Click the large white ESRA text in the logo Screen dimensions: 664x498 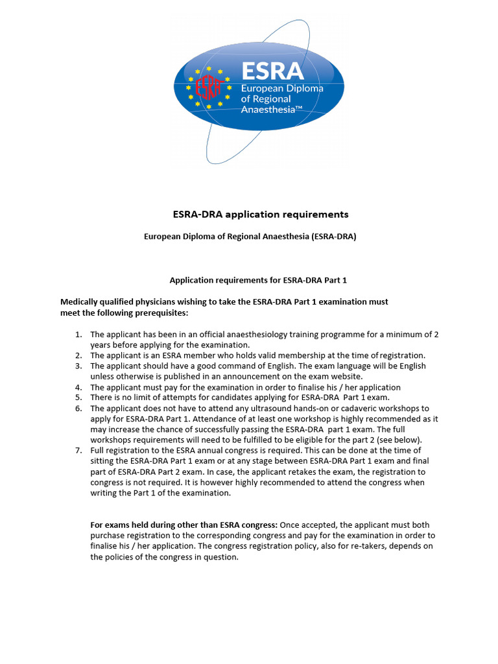click(272, 71)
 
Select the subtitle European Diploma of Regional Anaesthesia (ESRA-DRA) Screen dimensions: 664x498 click(250, 237)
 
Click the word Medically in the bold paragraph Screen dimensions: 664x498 click(82, 302)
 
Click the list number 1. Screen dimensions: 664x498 click(78, 335)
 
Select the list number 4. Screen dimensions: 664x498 click(78, 387)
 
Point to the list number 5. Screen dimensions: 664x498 click(78, 397)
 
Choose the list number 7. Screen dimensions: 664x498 click(78, 451)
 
